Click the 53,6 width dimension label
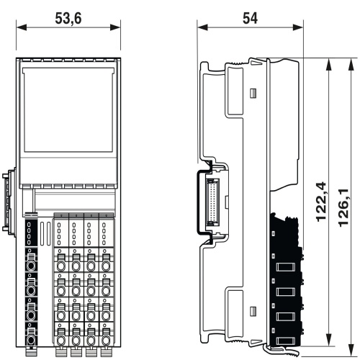[68, 19]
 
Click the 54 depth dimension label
[250, 19]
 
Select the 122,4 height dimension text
[321, 202]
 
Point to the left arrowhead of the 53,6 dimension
[22, 27]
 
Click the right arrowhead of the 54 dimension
[298, 27]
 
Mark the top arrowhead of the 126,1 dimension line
[351, 64]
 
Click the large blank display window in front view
[68, 109]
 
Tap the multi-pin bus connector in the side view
[212, 202]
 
